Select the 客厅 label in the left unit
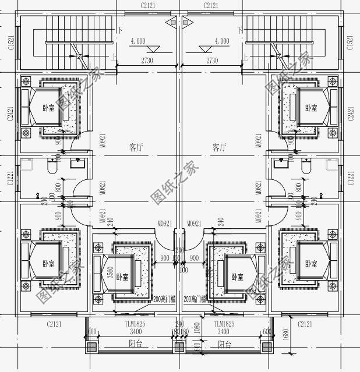tap(136, 148)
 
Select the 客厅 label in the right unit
tap(220, 148)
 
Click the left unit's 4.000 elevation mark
tap(138, 41)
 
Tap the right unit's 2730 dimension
tap(212, 61)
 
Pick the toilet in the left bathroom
tap(52, 168)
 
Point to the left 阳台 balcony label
tap(136, 345)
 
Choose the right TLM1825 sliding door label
tap(224, 323)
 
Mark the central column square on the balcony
tap(179, 348)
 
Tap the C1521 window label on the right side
tap(350, 42)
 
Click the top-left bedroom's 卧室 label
tap(48, 108)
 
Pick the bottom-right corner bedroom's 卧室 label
tap(310, 264)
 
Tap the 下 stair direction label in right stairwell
tap(240, 29)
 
